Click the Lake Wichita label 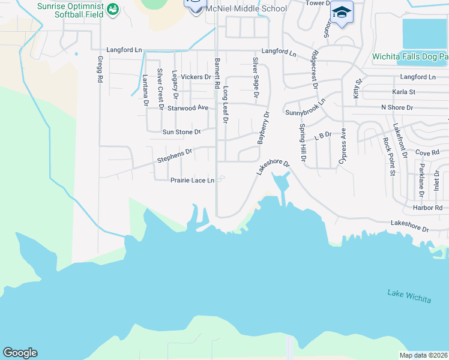(x=409, y=296)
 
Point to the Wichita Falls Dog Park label (x=410, y=57)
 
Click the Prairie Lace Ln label (x=192, y=180)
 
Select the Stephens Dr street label (x=174, y=156)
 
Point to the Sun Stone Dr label (x=181, y=131)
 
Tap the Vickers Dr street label (x=196, y=77)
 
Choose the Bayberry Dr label (x=263, y=128)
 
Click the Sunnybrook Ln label (x=305, y=107)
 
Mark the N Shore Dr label (x=397, y=107)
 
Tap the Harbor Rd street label (x=427, y=208)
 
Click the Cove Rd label (x=427, y=152)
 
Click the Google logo (x=20, y=353)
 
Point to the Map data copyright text (x=423, y=355)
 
